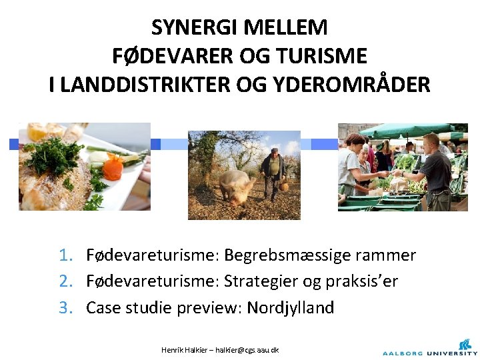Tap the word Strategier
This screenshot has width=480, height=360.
pyautogui.click(x=261, y=281)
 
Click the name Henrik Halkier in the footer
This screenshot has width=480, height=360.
pyautogui.click(x=182, y=349)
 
